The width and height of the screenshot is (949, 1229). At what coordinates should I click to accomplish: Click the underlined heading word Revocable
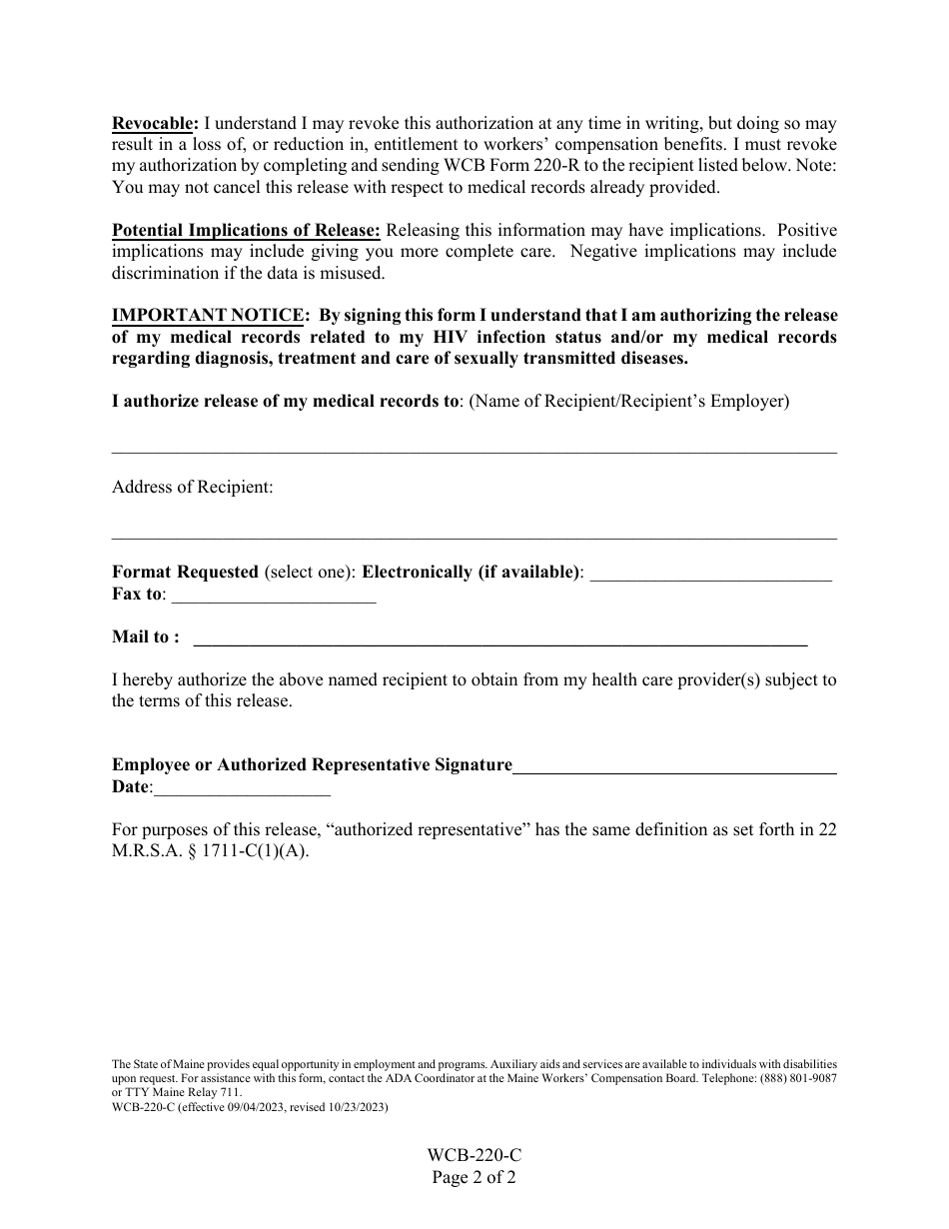point(155,124)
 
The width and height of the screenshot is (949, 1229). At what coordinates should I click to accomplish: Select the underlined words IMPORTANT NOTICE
point(208,316)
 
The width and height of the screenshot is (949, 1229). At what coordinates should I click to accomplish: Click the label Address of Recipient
point(192,488)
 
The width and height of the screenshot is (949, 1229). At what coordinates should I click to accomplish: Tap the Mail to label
point(146,637)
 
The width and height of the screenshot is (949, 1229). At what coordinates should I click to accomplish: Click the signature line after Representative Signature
point(674,770)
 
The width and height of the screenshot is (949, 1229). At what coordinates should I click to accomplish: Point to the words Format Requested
point(185,573)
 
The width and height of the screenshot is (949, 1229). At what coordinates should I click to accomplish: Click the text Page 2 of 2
point(474,1177)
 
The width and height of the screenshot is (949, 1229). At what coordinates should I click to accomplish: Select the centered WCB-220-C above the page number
point(474,1156)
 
